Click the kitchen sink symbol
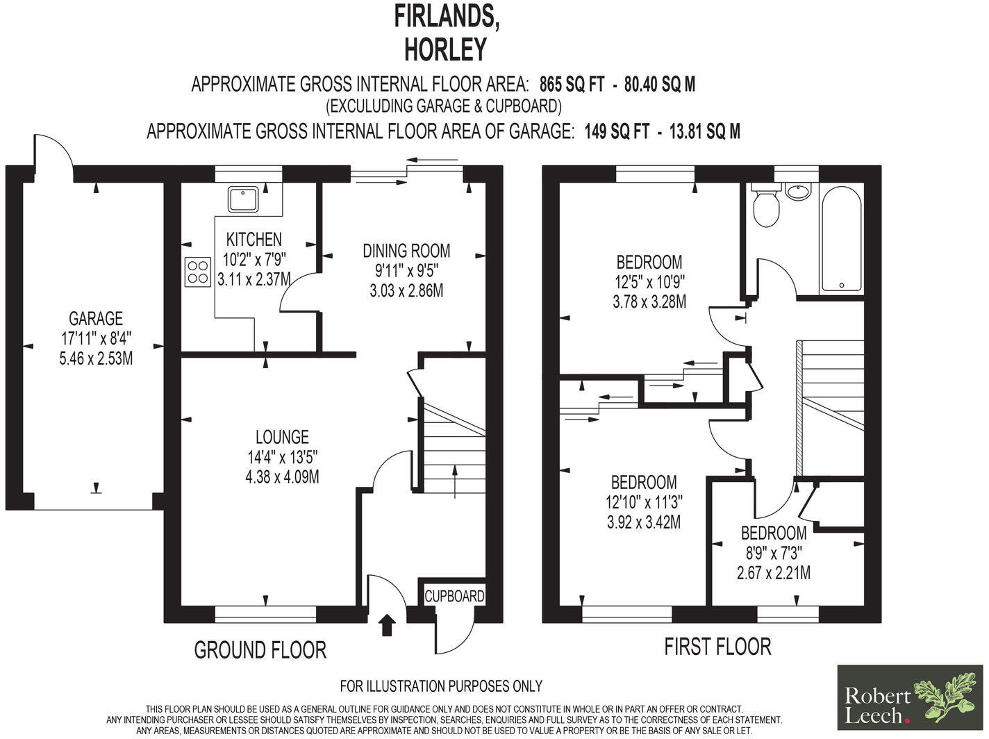[x=243, y=199]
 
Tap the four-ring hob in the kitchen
[x=197, y=271]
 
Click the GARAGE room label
[x=96, y=319]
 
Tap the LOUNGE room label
[x=281, y=437]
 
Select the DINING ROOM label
[x=406, y=250]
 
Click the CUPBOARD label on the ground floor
[x=454, y=596]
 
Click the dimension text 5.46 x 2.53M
[x=96, y=359]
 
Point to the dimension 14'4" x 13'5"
[x=281, y=457]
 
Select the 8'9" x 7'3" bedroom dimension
[x=773, y=554]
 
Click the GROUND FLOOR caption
[x=260, y=650]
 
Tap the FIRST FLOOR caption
[x=717, y=647]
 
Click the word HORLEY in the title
[x=446, y=49]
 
